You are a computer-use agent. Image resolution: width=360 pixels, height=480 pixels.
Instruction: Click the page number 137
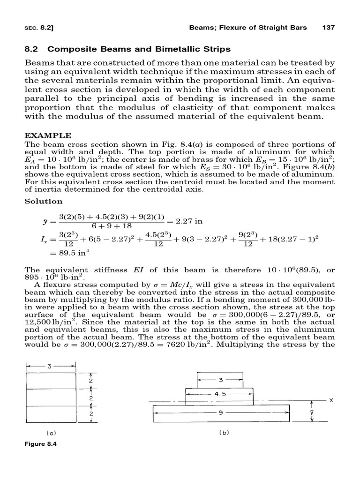(329, 28)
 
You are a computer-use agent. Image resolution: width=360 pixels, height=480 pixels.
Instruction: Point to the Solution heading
(43, 201)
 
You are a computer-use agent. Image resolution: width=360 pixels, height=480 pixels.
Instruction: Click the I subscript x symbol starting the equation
(45, 240)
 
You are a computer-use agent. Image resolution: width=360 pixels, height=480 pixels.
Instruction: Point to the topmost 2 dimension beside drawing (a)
(91, 381)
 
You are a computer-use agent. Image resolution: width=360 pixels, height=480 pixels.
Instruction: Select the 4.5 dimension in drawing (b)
(220, 394)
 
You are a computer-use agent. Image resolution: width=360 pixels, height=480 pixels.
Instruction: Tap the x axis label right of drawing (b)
(330, 401)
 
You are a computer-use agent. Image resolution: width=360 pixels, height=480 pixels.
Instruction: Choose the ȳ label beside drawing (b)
(311, 412)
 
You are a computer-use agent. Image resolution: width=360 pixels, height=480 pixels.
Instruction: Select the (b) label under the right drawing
(224, 433)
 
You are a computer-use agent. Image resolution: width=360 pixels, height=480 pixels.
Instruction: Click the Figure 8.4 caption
(42, 443)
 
